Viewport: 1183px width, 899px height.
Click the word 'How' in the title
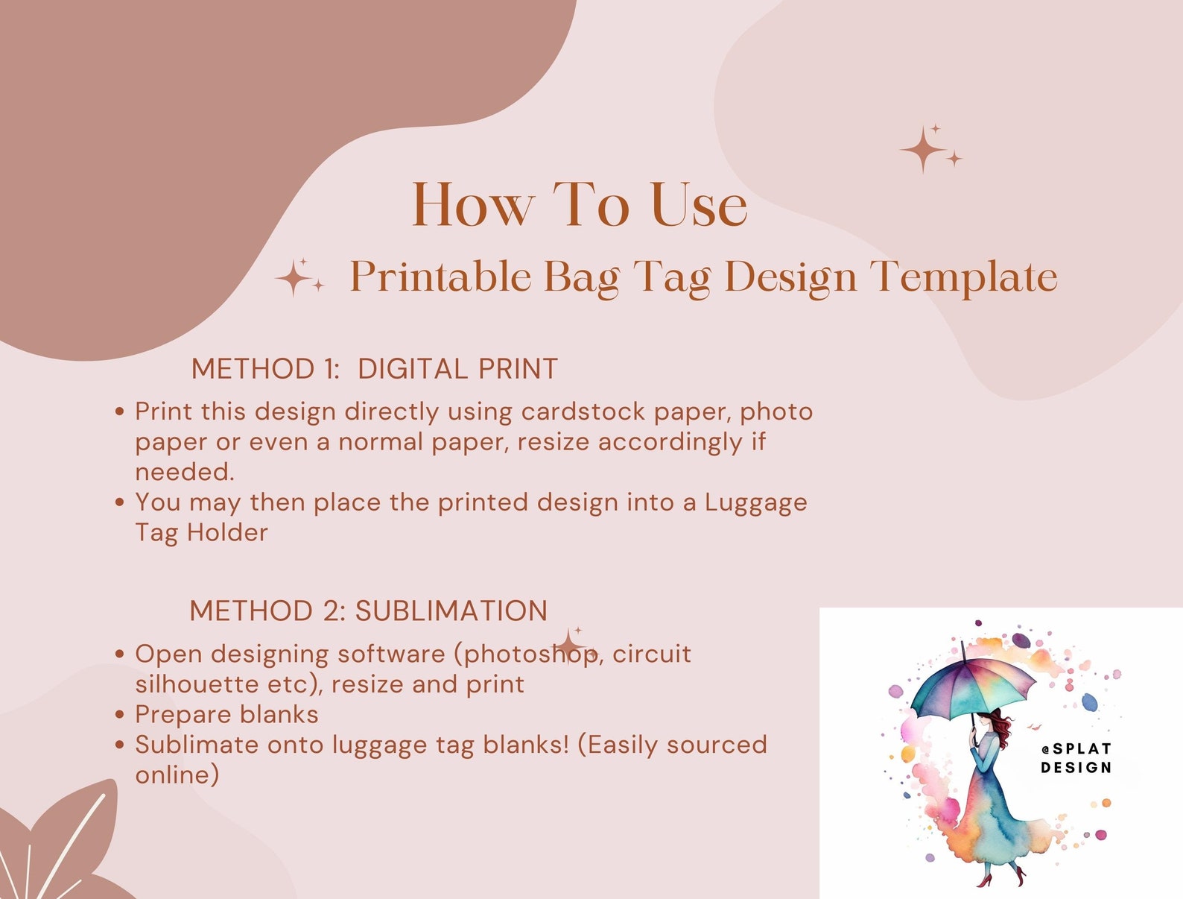coord(473,205)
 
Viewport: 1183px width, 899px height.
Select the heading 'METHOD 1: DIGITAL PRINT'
coord(374,369)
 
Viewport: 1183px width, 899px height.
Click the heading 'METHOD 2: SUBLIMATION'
coord(368,611)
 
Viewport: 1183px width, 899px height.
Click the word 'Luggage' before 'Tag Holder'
coord(755,502)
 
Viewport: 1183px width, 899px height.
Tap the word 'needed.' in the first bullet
coord(184,472)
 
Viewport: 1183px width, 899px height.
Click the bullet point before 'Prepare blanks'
coord(120,715)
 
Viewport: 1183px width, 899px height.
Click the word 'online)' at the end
coord(177,775)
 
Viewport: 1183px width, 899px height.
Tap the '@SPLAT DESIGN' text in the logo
coord(1076,758)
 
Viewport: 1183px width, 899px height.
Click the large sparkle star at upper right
coord(923,149)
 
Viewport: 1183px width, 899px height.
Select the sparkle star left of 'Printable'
coord(296,278)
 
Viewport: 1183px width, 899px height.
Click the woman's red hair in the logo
coord(1001,727)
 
